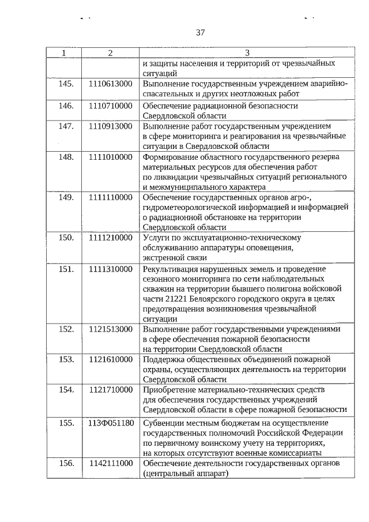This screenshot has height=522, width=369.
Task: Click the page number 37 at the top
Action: tap(200, 32)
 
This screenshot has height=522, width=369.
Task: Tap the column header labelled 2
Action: tap(110, 53)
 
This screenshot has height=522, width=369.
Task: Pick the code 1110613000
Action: tap(111, 84)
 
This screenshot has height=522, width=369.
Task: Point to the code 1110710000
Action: tap(111, 106)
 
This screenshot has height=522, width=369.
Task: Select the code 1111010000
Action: tap(111, 157)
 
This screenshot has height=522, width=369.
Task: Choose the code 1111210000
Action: tap(111, 237)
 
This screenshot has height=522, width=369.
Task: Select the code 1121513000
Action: tap(111, 329)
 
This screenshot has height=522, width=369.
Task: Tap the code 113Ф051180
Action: tap(111, 423)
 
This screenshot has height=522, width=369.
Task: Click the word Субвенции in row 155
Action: tap(163, 423)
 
